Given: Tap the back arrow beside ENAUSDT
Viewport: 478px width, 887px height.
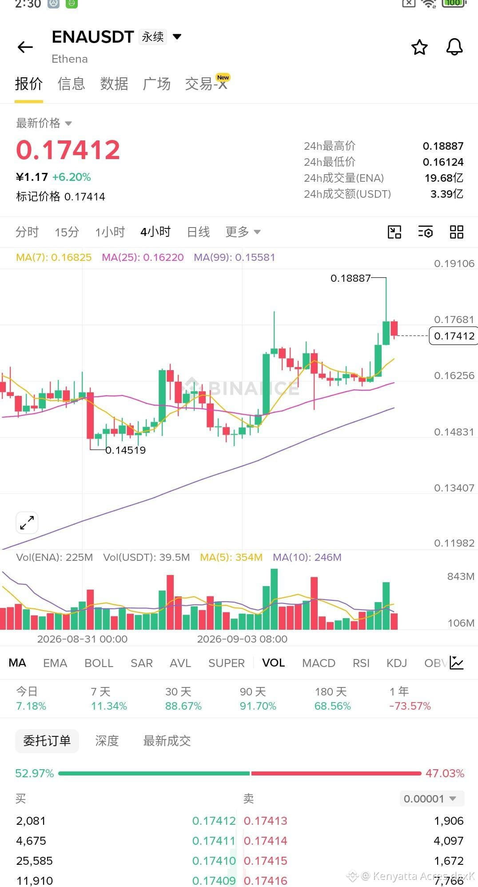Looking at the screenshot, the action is click(25, 47).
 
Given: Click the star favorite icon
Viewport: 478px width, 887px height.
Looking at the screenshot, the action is click(419, 47).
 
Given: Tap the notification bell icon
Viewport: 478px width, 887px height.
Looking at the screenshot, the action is click(454, 47).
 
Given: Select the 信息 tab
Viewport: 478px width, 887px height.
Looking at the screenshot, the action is click(71, 84).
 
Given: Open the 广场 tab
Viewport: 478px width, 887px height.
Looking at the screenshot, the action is click(156, 84).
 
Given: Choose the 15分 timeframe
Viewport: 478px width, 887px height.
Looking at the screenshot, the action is click(67, 232).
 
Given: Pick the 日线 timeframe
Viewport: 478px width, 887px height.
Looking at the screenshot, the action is click(198, 232).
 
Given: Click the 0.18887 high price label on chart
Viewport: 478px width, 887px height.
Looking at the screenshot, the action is click(351, 278).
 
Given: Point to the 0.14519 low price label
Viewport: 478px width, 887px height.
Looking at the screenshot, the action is click(126, 450).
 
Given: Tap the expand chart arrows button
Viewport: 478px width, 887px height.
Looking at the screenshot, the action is click(27, 523).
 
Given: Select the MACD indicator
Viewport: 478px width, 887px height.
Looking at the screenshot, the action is click(319, 663).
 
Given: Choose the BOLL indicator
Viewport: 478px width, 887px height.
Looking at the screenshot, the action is click(99, 663).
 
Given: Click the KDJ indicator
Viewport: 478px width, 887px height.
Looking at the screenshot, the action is click(397, 663).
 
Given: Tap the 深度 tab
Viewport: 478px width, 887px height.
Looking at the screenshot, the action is click(107, 741).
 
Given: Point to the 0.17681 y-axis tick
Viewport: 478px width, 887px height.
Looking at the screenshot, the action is click(454, 320).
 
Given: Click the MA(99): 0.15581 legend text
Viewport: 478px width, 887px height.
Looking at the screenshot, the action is click(235, 257).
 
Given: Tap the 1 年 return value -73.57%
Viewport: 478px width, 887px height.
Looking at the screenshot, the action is click(410, 706).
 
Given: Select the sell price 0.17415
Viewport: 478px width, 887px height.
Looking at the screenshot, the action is click(266, 861).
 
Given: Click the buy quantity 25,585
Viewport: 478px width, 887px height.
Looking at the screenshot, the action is click(35, 861).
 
